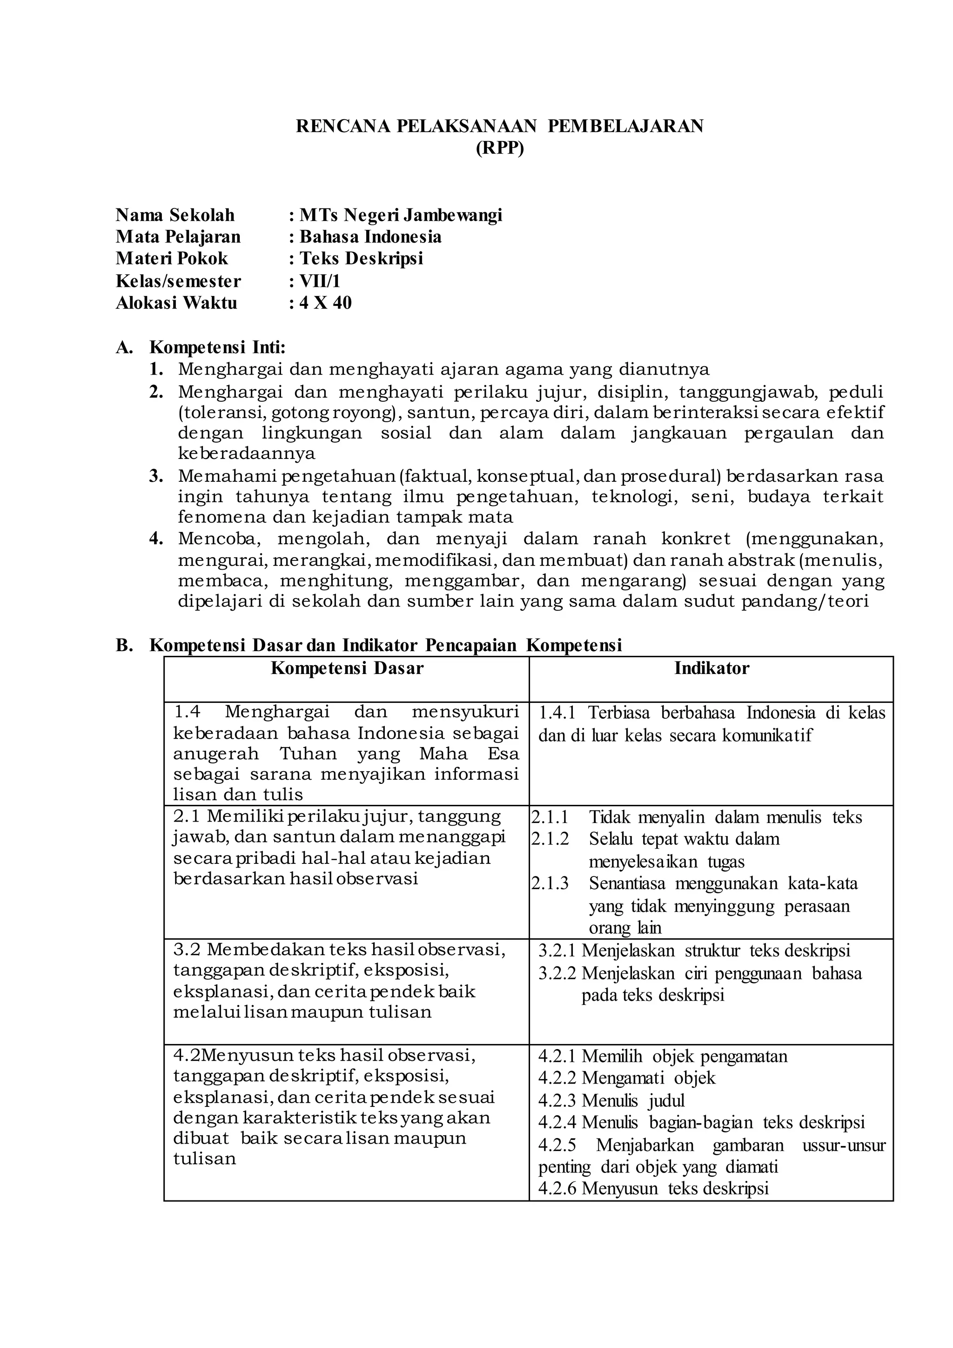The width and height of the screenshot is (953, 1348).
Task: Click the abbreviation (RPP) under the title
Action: point(499,148)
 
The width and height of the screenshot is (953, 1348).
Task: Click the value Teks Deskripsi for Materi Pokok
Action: point(362,258)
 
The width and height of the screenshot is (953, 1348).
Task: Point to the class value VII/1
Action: point(320,281)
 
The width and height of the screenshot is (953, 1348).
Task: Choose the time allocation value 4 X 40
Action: point(326,303)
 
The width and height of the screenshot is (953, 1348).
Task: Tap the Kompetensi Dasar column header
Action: point(347,668)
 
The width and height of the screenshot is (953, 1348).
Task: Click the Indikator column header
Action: point(711,668)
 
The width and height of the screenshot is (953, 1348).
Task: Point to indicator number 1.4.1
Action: point(557,713)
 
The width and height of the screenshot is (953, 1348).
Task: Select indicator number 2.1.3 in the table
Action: point(550,883)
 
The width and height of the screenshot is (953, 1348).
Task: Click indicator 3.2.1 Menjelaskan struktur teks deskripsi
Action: point(694,950)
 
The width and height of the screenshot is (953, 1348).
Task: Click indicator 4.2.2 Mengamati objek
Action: point(627,1078)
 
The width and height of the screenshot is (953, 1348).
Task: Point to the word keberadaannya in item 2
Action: point(247,453)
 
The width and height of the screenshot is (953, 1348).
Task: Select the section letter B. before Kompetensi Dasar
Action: point(124,645)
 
